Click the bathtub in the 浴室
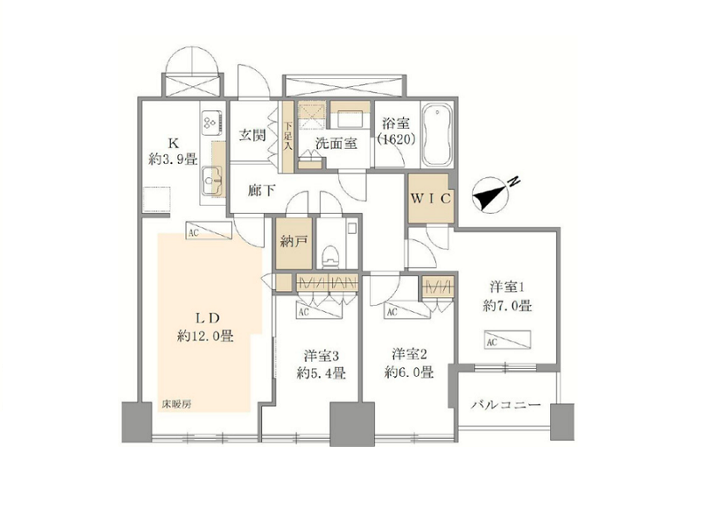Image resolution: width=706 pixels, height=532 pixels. [x=437, y=135]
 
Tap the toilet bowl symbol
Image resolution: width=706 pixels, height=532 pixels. [x=330, y=256]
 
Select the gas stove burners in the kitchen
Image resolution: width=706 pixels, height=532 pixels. [x=212, y=122]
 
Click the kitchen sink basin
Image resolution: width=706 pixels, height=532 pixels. [x=212, y=181]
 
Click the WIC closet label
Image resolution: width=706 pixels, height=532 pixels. [x=431, y=199]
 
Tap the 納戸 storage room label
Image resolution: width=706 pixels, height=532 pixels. [x=293, y=242]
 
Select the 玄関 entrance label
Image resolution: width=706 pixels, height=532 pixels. [x=252, y=135]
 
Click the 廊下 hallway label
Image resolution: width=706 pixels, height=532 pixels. [x=261, y=191]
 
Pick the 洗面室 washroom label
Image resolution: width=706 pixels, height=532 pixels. [x=336, y=144]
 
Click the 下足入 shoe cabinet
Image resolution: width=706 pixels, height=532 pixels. [x=288, y=137]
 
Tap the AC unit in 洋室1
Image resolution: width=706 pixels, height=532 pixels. [x=508, y=340]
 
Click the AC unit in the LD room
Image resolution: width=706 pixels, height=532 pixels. [x=208, y=231]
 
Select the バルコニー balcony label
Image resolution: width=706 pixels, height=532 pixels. [x=506, y=405]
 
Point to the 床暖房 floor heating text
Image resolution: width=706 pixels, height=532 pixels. [x=176, y=404]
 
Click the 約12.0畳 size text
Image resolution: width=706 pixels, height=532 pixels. [x=205, y=336]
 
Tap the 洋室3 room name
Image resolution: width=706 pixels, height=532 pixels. [x=321, y=356]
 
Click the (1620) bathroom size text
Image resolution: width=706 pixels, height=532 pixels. [x=396, y=139]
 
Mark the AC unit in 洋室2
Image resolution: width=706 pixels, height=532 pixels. [x=407, y=310]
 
